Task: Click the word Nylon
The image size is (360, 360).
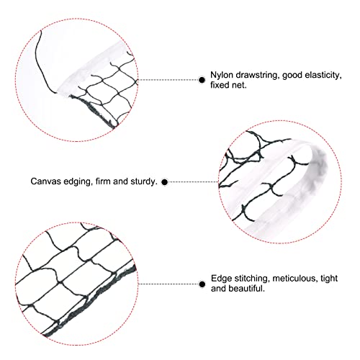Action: coord(222,76)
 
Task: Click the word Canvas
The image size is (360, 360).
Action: coord(46,181)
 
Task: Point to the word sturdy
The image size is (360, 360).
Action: coord(143,181)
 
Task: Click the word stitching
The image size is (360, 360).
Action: coord(252,279)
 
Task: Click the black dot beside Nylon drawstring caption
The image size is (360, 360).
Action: coord(202,80)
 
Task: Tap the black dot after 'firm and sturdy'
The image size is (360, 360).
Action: coord(165,182)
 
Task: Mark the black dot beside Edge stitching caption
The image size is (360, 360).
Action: coord(202,284)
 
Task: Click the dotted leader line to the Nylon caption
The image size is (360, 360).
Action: coord(168,80)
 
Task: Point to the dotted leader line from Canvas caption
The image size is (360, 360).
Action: coord(193,182)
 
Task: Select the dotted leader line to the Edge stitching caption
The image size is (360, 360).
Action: coord(168,284)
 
